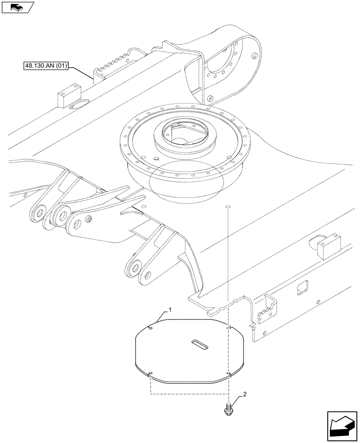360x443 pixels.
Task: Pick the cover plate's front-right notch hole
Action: pos(228,374)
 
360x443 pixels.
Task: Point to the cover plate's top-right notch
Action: pos(229,327)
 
